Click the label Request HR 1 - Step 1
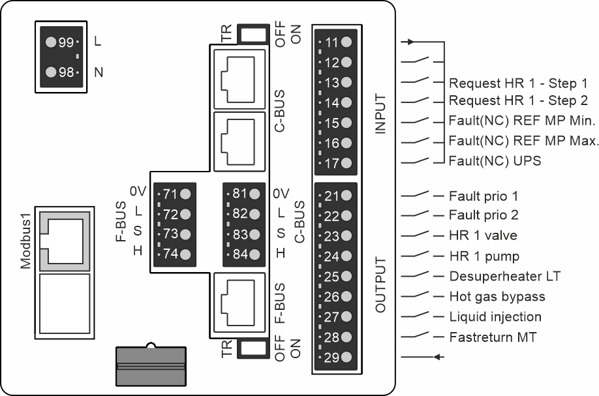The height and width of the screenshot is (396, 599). (518, 84)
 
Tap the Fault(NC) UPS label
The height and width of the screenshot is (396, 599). (495, 160)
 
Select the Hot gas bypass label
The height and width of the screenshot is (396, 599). (497, 297)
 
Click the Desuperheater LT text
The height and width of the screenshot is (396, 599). (504, 277)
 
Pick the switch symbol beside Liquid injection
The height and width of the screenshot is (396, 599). (416, 316)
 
